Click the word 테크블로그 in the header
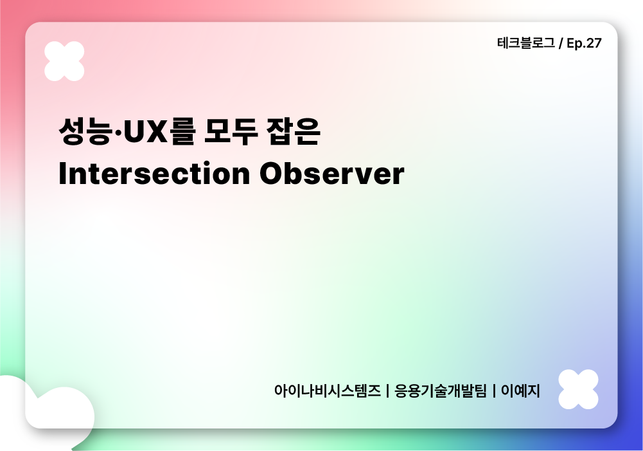click(525, 44)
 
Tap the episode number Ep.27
click(585, 44)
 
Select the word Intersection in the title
click(154, 174)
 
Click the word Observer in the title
click(332, 174)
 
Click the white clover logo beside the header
click(64, 61)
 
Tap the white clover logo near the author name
click(578, 389)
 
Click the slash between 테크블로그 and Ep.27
click(561, 44)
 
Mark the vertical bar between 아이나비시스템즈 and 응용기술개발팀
click(388, 391)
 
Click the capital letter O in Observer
click(272, 174)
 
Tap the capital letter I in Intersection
click(62, 174)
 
